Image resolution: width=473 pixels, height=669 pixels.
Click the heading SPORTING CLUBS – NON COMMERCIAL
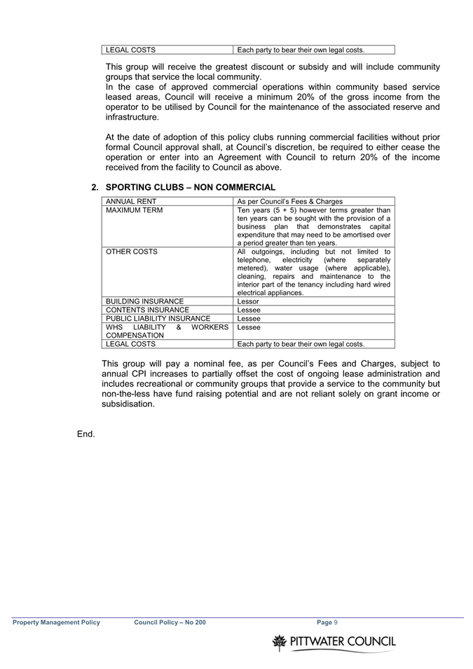[x=190, y=187]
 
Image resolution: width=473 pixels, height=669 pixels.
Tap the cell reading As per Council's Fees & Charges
[x=290, y=201]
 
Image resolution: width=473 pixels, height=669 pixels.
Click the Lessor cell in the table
[x=248, y=301]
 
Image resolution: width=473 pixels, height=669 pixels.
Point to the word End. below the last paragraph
[x=85, y=434]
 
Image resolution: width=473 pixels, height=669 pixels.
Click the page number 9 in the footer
[x=336, y=622]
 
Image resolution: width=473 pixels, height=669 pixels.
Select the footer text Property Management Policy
[x=56, y=622]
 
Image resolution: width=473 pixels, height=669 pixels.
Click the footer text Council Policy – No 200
[x=170, y=622]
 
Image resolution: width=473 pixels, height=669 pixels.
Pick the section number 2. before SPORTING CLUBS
[x=95, y=187]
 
